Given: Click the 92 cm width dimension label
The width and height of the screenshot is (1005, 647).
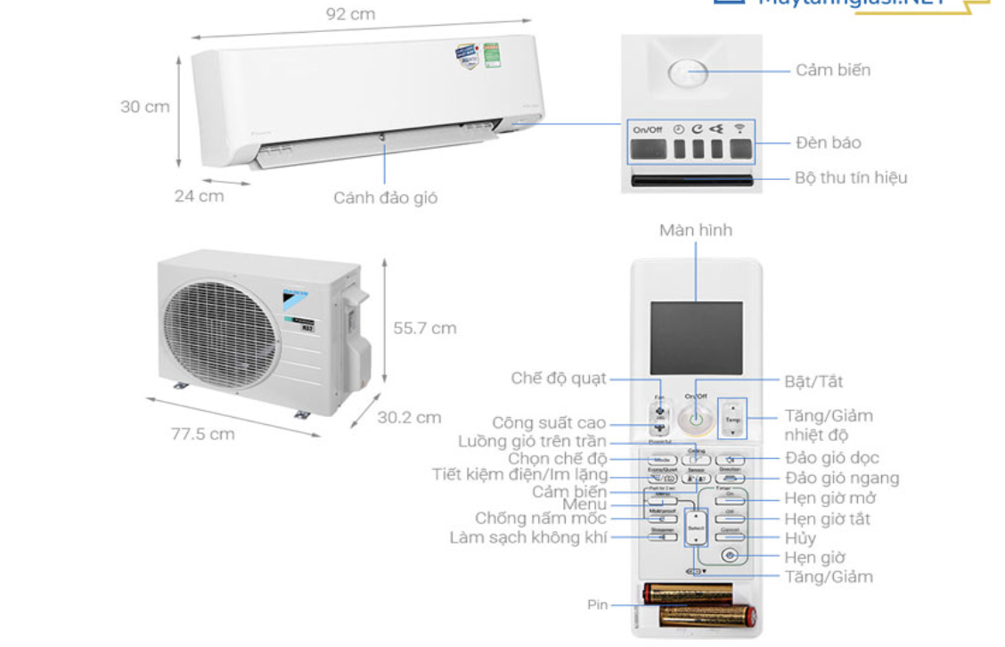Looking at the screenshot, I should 351,14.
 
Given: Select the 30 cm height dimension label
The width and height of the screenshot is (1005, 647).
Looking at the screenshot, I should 145,107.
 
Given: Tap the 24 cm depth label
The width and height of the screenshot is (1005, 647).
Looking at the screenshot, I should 199,195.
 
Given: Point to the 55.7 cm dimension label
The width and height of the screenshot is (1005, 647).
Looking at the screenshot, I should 425,328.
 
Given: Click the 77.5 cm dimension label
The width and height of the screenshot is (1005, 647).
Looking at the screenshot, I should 203,434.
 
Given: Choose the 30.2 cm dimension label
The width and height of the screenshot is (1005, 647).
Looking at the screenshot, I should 409,417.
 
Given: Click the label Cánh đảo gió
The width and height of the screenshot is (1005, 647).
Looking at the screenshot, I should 386,198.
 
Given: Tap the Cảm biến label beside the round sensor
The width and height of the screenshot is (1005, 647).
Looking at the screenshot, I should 833,70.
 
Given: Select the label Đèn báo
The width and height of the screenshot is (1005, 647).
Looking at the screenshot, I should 829,143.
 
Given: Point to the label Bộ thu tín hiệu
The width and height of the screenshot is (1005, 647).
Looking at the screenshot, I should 851,177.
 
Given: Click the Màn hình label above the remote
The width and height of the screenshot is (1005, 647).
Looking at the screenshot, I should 696,230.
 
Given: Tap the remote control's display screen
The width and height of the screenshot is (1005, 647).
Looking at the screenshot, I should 696,338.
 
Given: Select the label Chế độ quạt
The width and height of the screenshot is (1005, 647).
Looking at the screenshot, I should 559,378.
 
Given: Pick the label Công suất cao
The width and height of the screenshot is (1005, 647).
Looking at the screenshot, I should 549,422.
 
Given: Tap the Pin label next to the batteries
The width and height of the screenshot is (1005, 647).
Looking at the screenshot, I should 597,604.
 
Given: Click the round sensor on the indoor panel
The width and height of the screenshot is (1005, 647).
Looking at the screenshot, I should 687,74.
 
